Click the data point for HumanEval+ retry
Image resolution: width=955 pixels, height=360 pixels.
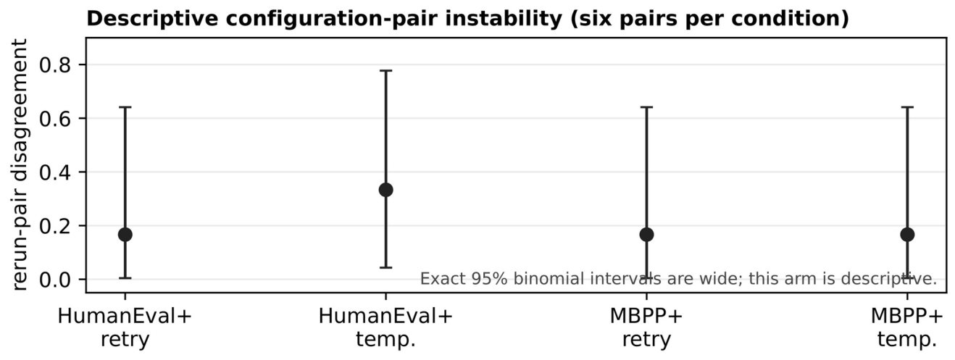[125, 234]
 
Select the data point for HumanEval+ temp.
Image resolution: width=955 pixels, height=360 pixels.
[385, 190]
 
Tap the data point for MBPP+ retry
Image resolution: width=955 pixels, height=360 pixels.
[647, 234]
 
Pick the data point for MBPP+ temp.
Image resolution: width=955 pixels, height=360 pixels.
[907, 234]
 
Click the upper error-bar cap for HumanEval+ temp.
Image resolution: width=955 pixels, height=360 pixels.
[385, 71]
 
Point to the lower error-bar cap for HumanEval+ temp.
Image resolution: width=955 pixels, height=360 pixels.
[385, 267]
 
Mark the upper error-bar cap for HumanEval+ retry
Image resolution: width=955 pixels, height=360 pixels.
[125, 107]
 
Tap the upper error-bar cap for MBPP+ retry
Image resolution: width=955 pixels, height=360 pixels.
[647, 107]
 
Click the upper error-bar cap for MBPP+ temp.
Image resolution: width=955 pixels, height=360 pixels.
[907, 107]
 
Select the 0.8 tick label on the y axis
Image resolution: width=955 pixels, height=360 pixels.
[55, 64]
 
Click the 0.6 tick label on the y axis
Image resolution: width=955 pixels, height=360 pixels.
[55, 119]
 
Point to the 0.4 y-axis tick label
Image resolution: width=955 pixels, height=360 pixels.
[55, 172]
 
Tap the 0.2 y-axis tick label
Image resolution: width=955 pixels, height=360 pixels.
[55, 226]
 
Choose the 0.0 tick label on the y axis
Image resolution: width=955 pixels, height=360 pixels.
[55, 280]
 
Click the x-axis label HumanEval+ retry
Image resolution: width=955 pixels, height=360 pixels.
[125, 328]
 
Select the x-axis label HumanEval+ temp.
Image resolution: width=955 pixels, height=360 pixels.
[385, 328]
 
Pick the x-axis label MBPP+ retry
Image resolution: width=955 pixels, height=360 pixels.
[647, 328]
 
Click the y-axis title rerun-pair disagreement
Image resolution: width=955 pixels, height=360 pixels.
[19, 164]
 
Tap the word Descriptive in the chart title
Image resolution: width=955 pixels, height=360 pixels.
[153, 18]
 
